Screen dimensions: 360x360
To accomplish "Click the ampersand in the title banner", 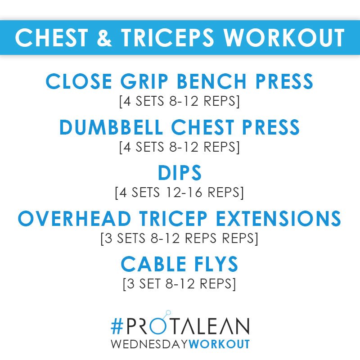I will pyautogui.click(x=105, y=38).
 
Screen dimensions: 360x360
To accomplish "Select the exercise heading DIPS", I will pyautogui.click(x=180, y=174).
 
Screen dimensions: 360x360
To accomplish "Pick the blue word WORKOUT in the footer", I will pyautogui.click(x=220, y=344).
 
